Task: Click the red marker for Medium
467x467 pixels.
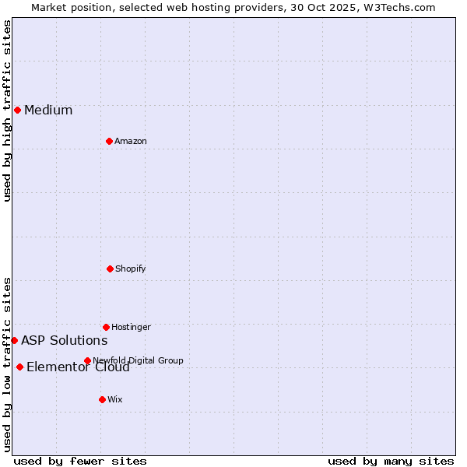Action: click(17, 110)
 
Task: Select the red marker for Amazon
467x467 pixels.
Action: click(109, 141)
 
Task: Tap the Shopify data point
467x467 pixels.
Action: click(110, 269)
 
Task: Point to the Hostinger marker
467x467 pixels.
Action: click(106, 327)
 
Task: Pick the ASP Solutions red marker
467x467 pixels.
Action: click(14, 340)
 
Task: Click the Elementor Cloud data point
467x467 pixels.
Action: click(19, 367)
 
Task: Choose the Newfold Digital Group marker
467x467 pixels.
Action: click(87, 360)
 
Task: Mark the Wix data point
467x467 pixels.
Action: click(102, 399)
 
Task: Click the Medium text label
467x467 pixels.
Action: click(48, 111)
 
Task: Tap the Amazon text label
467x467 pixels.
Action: click(131, 141)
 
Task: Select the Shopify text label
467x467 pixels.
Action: click(131, 269)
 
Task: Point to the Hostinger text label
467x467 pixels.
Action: click(131, 327)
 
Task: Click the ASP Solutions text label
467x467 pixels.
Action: click(64, 340)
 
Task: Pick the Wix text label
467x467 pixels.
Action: click(115, 399)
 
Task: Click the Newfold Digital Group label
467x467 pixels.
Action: click(138, 360)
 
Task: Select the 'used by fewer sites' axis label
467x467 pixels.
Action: click(80, 461)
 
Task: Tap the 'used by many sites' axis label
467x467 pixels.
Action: click(391, 461)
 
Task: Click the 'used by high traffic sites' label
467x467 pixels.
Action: click(7, 111)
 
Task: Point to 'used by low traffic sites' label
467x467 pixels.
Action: click(7, 364)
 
